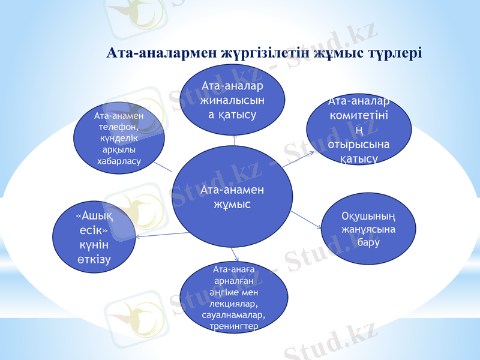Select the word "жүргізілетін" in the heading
(x=259, y=53)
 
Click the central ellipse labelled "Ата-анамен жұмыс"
(x=233, y=197)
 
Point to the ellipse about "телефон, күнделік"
(x=119, y=137)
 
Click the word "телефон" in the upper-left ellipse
(x=118, y=127)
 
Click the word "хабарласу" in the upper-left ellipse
(x=118, y=162)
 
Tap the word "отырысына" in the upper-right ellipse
(x=359, y=145)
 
